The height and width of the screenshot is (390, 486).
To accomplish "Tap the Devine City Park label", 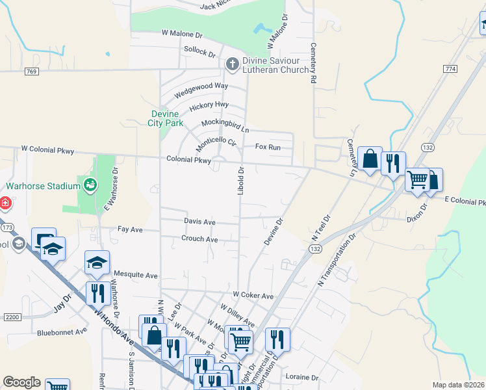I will point(162,118).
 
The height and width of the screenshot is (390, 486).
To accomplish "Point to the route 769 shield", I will point(31,72).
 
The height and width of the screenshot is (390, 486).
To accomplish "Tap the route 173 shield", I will point(8,227).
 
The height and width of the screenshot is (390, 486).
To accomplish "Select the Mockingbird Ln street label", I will point(225,125).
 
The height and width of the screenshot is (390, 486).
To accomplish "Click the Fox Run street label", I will point(268,148).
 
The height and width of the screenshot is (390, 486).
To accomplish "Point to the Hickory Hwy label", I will point(209,105).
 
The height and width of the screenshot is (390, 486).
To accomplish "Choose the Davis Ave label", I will point(199,222).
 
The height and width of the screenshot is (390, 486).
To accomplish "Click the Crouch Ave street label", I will point(199,239).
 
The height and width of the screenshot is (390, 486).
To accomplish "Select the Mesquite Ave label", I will point(136,275).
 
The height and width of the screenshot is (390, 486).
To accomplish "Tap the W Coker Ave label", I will point(253,295).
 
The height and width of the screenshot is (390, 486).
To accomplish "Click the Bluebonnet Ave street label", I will point(62,331).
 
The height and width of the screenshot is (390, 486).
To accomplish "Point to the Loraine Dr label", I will point(301,377).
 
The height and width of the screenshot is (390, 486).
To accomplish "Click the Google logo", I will point(21,382).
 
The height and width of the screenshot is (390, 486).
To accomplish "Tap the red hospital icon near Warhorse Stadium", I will point(5,203).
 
